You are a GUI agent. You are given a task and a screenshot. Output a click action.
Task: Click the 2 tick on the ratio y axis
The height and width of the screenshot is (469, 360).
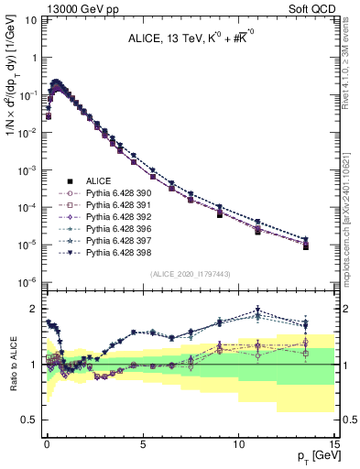coord(36,309)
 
